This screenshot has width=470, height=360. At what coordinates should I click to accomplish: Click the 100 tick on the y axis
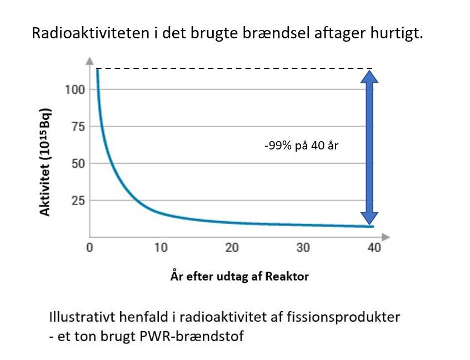pyautogui.click(x=75, y=89)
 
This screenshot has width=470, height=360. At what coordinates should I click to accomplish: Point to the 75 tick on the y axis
pyautogui.click(x=78, y=127)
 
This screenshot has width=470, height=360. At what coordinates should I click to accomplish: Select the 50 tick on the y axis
pyautogui.click(x=78, y=164)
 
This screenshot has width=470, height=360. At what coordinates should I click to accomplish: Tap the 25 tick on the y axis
pyautogui.click(x=78, y=201)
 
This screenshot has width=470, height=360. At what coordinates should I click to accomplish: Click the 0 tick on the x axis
pyautogui.click(x=89, y=248)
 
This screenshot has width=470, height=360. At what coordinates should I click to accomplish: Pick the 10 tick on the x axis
pyautogui.click(x=161, y=248)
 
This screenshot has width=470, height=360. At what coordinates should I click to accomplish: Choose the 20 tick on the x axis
pyautogui.click(x=232, y=248)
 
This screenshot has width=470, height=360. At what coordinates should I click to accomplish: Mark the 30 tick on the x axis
pyautogui.click(x=303, y=248)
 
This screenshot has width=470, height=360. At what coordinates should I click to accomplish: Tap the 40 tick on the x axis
pyautogui.click(x=374, y=248)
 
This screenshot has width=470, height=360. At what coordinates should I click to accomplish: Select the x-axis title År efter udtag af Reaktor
pyautogui.click(x=239, y=276)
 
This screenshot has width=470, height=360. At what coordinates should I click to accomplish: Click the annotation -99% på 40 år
pyautogui.click(x=302, y=146)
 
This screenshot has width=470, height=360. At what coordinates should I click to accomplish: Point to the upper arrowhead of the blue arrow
pyautogui.click(x=369, y=76)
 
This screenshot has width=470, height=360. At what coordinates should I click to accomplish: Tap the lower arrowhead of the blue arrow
pyautogui.click(x=369, y=218)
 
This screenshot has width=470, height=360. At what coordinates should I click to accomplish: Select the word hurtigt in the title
pyautogui.click(x=397, y=33)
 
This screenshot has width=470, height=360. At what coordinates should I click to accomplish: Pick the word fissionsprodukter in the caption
pyautogui.click(x=343, y=317)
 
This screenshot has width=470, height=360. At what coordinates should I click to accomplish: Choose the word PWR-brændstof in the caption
pyautogui.click(x=192, y=336)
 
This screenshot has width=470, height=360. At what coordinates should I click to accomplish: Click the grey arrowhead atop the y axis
pyautogui.click(x=89, y=61)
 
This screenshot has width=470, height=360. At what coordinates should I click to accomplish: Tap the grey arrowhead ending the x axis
pyautogui.click(x=386, y=237)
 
